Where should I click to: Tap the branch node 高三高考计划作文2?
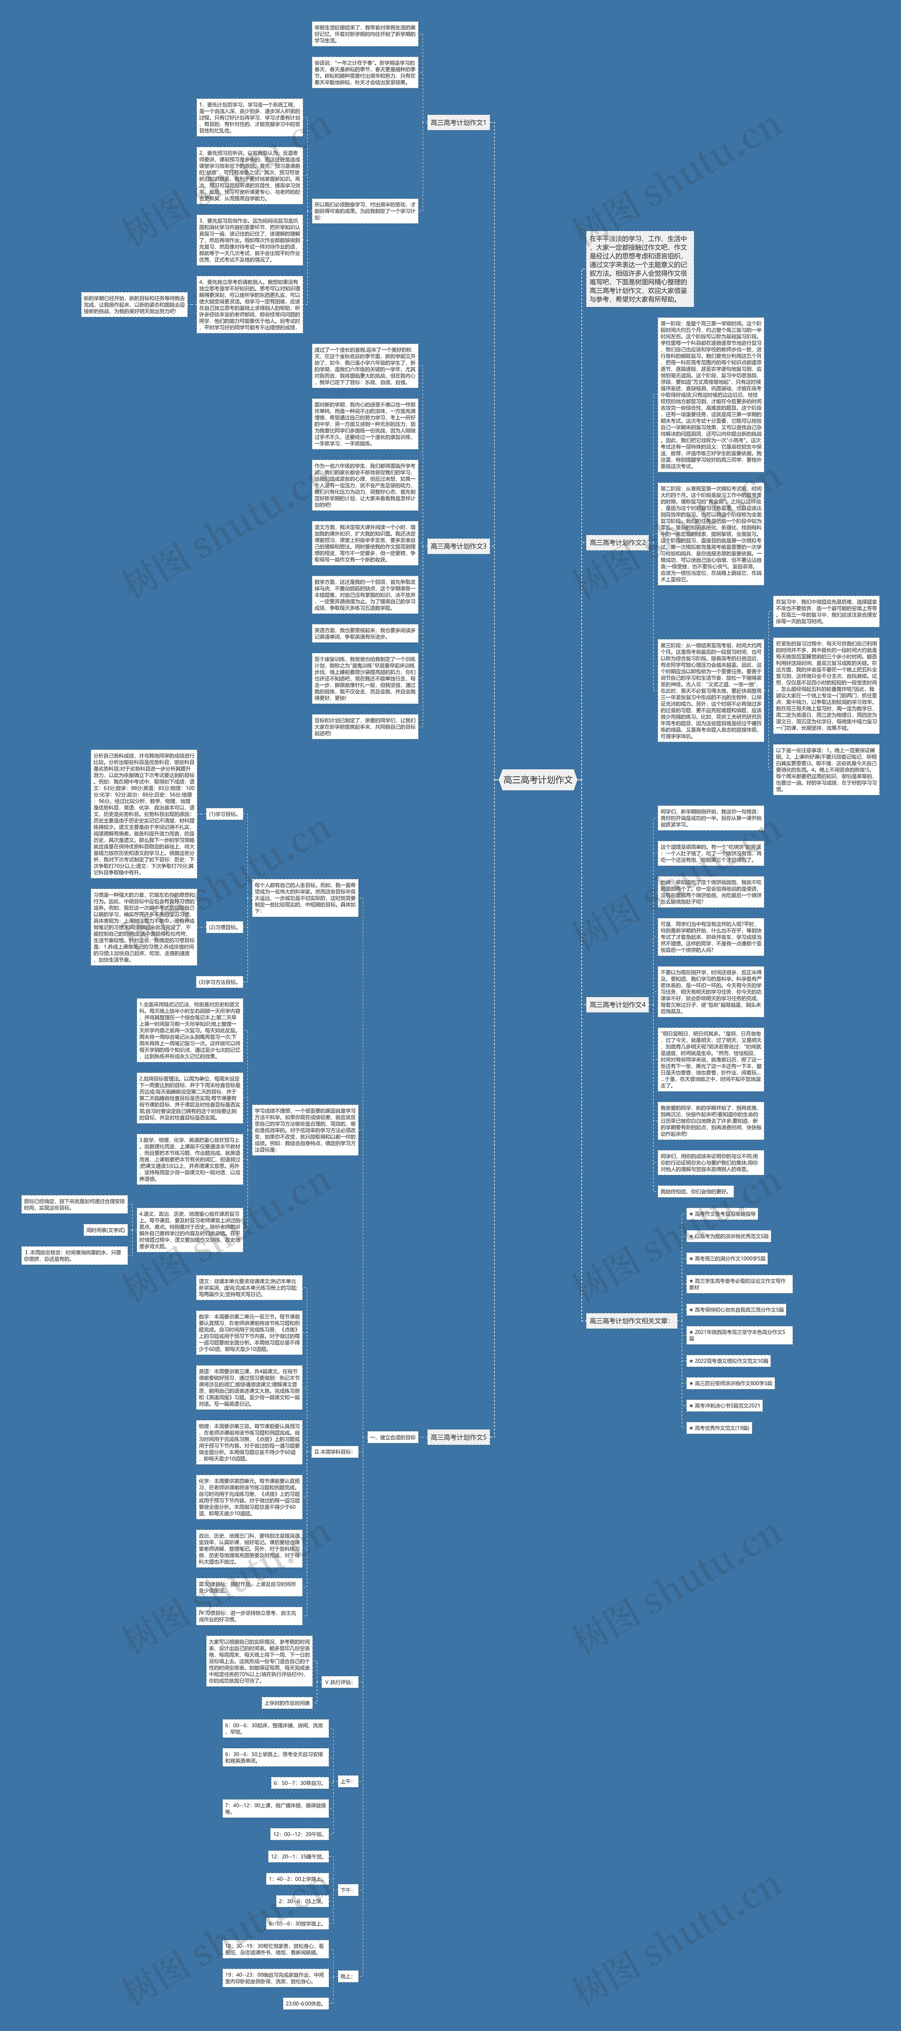click(617, 542)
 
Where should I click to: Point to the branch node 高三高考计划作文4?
click(617, 1004)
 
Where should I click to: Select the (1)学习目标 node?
click(223, 814)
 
